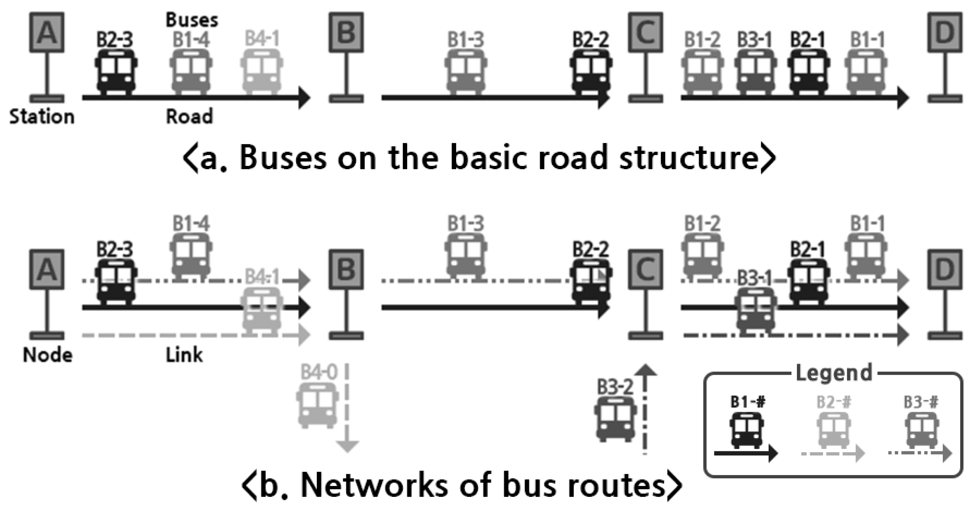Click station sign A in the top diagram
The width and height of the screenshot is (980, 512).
click(47, 32)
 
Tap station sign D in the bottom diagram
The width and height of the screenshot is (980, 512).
click(945, 270)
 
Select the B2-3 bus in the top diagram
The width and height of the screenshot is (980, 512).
click(116, 71)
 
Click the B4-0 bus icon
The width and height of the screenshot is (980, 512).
click(317, 406)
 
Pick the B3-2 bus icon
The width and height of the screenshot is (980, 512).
click(615, 419)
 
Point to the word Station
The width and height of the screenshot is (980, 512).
click(42, 117)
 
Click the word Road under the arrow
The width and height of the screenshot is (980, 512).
click(189, 117)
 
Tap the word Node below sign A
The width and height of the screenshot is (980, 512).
click(48, 355)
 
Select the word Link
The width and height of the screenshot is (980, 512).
click(184, 355)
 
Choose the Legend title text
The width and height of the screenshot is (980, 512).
click(834, 373)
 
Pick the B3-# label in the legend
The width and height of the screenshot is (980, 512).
click(921, 402)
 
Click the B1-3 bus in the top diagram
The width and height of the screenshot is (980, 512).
click(466, 71)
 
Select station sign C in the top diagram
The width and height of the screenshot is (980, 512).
click(645, 32)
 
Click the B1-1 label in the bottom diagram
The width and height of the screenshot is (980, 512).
click(868, 224)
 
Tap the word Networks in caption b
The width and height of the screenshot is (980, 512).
click(373, 486)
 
